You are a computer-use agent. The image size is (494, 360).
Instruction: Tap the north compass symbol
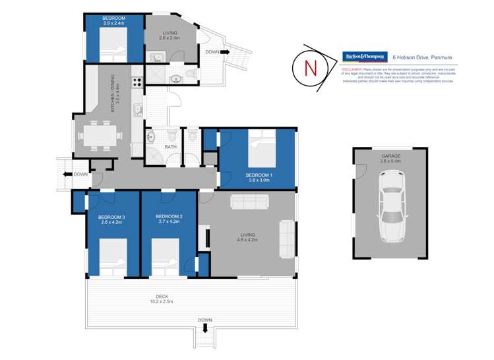coord(309,67)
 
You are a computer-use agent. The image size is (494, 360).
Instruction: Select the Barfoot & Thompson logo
coord(363,57)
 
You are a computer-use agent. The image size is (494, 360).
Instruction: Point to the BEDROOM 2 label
coord(168,217)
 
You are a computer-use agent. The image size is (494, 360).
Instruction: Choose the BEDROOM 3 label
coord(111,217)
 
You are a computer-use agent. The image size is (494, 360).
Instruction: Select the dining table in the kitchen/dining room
coord(102,135)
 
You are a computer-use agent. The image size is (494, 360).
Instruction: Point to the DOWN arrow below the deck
coord(205,328)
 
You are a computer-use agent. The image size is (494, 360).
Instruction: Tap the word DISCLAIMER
coord(353,68)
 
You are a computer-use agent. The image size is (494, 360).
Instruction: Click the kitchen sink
coord(138,109)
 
